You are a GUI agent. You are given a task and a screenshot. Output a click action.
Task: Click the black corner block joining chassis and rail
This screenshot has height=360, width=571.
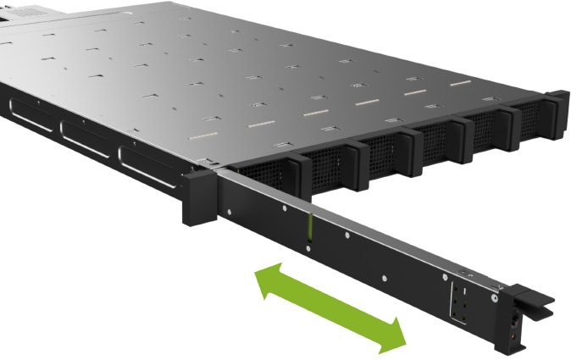coord(198,198)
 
